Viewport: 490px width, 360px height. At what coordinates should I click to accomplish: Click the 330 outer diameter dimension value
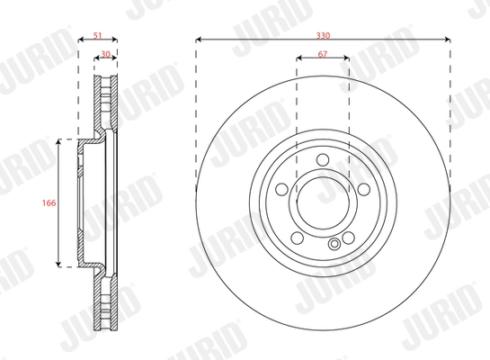[322, 32]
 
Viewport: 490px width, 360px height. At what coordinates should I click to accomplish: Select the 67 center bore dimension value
[322, 56]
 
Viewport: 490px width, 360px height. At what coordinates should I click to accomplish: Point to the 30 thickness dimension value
[105, 55]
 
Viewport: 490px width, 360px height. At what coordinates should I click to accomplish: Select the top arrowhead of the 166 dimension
[61, 142]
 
